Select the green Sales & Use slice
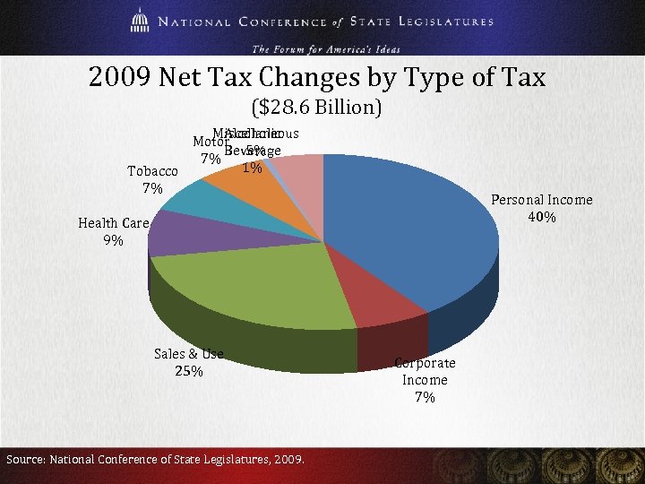coord(260,287)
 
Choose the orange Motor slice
coord(242,184)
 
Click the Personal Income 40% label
coord(542,209)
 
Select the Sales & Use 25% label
coord(188,362)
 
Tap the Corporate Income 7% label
coord(426,380)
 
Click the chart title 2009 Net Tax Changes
coord(317,78)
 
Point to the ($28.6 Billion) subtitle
coord(317,108)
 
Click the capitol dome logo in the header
coord(138,21)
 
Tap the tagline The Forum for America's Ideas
coord(325,48)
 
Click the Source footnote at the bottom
coord(155,460)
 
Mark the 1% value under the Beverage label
coord(253,168)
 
